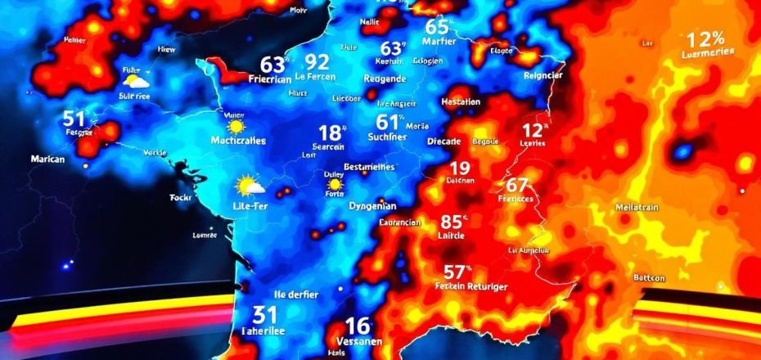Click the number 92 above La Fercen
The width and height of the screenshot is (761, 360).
click(x=316, y=61)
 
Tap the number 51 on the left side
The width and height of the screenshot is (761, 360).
click(x=74, y=118)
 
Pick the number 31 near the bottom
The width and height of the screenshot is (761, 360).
click(x=263, y=314)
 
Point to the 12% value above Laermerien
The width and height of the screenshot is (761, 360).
click(x=706, y=38)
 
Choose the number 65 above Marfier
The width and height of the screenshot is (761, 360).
click(x=439, y=26)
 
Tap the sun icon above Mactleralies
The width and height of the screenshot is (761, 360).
click(x=236, y=127)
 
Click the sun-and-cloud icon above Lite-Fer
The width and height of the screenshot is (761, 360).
click(x=249, y=186)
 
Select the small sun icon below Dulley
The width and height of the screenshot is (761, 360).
click(x=334, y=185)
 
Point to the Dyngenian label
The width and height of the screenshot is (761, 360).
click(x=372, y=206)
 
